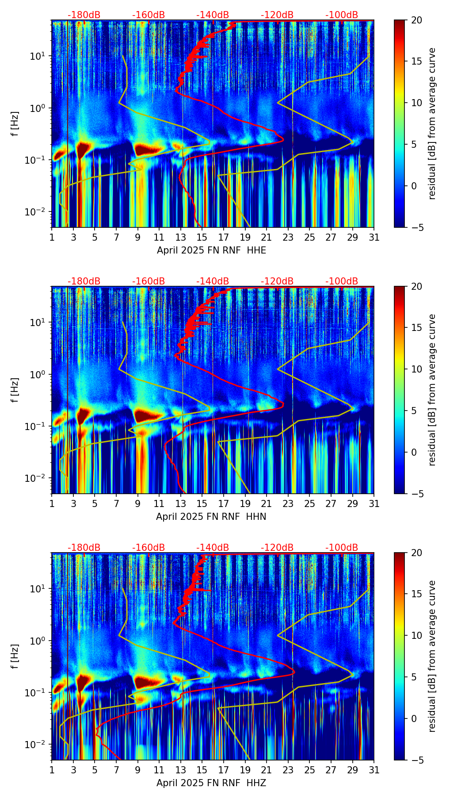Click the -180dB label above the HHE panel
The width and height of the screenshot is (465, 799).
(84, 15)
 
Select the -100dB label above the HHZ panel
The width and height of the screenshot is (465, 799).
(342, 548)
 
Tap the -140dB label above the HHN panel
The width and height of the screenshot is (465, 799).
(213, 281)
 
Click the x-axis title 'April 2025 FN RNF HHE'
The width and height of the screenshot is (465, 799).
(211, 250)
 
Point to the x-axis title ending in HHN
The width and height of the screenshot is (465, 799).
(211, 517)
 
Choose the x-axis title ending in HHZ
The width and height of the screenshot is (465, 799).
(211, 783)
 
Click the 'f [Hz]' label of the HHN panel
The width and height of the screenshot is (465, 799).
(15, 390)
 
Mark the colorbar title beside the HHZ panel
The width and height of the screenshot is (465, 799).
(432, 656)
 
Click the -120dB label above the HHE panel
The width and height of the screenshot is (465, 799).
(277, 15)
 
